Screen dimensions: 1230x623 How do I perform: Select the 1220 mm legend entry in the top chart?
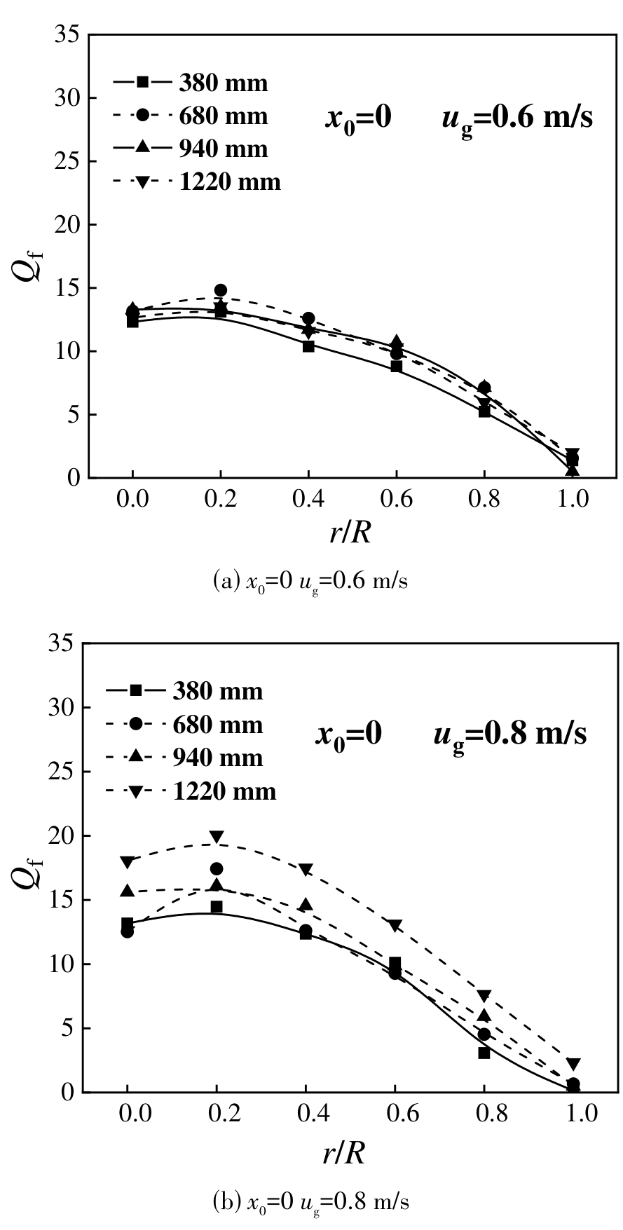tap(197, 182)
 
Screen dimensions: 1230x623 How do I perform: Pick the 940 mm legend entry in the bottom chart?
tap(186, 758)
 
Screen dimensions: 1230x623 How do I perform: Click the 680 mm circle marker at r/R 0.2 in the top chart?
tap(221, 290)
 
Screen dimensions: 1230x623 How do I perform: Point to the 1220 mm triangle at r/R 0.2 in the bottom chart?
tap(217, 837)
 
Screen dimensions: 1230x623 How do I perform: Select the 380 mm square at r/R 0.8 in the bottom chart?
tap(484, 1053)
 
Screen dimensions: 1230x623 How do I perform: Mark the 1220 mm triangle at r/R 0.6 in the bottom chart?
tap(395, 926)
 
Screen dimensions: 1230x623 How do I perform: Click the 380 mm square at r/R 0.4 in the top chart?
tap(308, 346)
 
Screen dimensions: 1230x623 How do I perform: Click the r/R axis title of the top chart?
tap(350, 533)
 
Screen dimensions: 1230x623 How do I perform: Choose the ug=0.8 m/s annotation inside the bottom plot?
tap(509, 734)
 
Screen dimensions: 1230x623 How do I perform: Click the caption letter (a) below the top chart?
tap(227, 582)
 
